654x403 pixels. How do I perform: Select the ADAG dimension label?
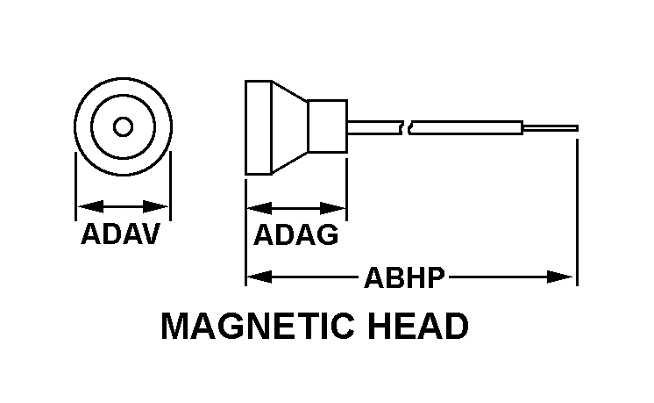(x=295, y=234)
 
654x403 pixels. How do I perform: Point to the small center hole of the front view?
(x=123, y=126)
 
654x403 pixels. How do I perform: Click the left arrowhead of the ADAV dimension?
(x=83, y=207)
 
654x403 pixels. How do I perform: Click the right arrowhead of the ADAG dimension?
(x=338, y=208)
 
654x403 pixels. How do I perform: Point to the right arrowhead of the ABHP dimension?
(x=567, y=277)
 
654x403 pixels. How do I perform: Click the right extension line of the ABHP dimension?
(x=577, y=211)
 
